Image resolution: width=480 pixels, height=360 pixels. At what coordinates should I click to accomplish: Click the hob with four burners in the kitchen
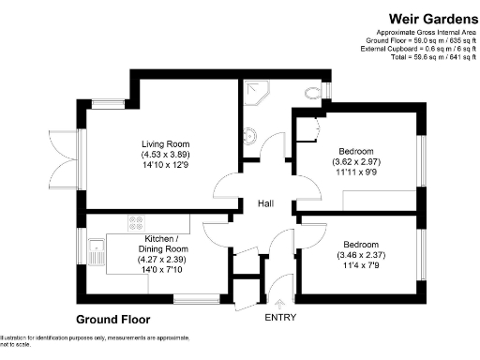click(136, 223)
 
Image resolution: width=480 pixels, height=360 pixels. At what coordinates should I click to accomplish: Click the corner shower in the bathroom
click(254, 91)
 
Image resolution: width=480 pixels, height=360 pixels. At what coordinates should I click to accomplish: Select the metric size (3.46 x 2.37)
click(362, 252)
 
